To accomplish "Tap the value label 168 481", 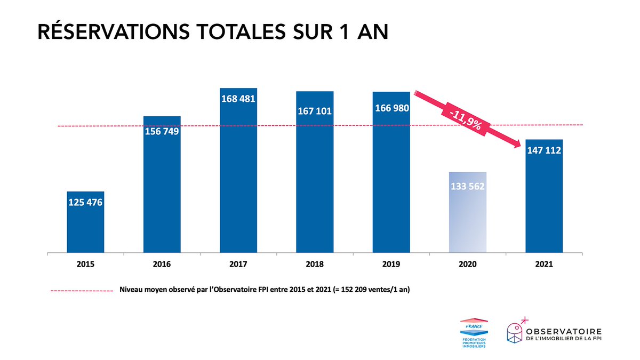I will click(x=238, y=99).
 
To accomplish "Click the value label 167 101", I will click(x=315, y=111).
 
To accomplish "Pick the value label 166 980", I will click(x=391, y=108).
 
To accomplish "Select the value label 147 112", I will click(x=544, y=151).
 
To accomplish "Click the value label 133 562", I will click(x=468, y=187).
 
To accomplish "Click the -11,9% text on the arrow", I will click(x=465, y=120).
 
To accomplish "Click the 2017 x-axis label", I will click(x=238, y=264).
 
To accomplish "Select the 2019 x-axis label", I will click(x=391, y=264).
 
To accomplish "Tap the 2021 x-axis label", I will click(x=544, y=264).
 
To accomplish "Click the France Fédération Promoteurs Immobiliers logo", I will click(x=474, y=332).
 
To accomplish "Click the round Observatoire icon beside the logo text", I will click(x=516, y=331).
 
